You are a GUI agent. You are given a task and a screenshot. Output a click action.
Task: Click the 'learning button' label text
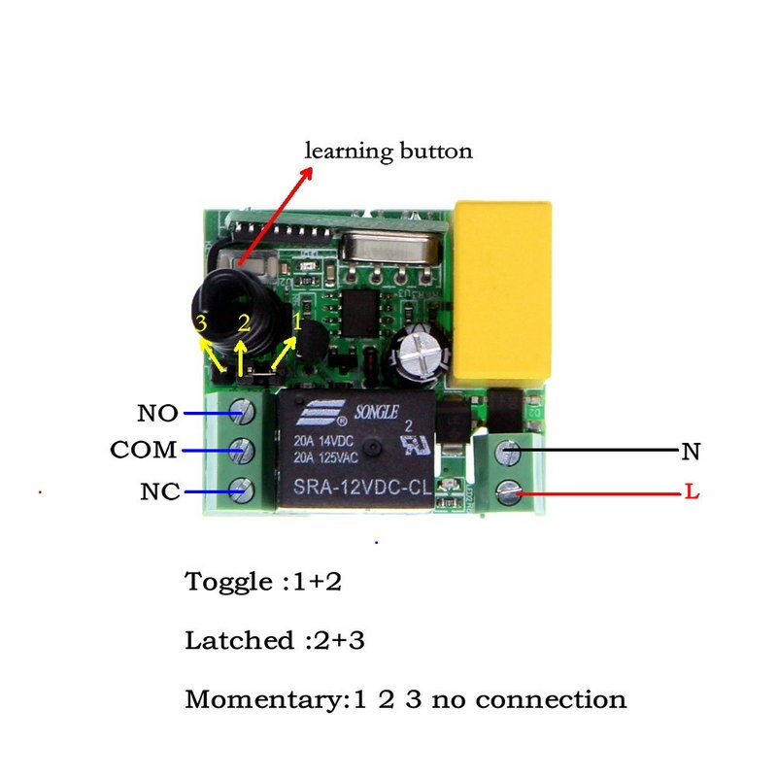pyautogui.click(x=388, y=152)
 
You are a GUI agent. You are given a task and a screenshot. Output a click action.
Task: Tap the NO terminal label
pyautogui.click(x=157, y=414)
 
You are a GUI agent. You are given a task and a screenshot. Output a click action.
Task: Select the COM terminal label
pyautogui.click(x=144, y=451)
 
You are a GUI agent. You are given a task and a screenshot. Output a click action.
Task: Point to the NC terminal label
pyautogui.click(x=159, y=492)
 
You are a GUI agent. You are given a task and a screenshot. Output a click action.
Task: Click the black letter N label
pyautogui.click(x=691, y=452)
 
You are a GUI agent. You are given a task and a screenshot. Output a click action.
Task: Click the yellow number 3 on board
pyautogui.click(x=200, y=323)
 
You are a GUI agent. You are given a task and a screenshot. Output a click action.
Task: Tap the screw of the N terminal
pyautogui.click(x=508, y=453)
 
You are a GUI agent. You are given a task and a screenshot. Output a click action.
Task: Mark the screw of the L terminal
pyautogui.click(x=508, y=493)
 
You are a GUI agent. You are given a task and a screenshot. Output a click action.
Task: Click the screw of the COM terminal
pyautogui.click(x=242, y=451)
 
